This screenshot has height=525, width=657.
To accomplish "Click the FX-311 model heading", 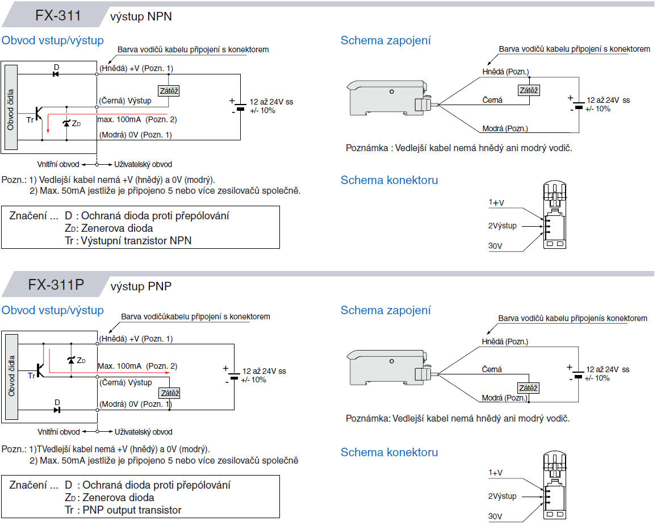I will point(58,15).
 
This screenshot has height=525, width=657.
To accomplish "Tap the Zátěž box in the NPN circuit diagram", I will point(168,90).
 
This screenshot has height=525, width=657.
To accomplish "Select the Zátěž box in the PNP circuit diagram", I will point(170,393).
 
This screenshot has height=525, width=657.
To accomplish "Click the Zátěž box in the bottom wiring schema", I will point(528,388).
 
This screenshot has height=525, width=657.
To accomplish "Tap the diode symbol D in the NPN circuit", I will point(56,74).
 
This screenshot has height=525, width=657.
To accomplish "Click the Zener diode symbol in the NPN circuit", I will point(67,123).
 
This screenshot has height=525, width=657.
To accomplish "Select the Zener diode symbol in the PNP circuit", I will point(70,360).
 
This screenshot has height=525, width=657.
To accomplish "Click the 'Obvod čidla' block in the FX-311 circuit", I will point(10,107).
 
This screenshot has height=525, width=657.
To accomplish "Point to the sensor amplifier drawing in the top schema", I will point(390,96).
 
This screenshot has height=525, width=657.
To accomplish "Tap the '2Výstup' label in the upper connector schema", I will point(503,226).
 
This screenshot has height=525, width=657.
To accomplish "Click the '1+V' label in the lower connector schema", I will point(497,473).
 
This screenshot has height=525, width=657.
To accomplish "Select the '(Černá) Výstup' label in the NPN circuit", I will point(125,101).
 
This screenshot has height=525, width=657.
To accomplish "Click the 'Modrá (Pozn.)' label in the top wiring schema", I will point(505,128).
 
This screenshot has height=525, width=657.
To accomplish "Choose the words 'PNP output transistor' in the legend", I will point(132,510).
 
